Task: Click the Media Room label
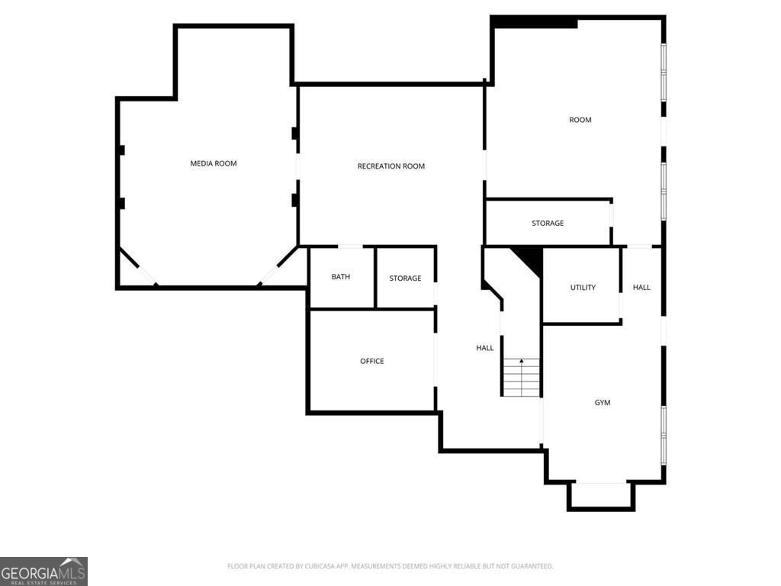click(x=214, y=163)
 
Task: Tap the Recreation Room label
click(x=391, y=166)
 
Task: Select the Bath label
click(x=341, y=276)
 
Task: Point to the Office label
click(x=372, y=361)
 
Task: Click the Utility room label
click(x=583, y=287)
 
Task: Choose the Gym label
click(x=603, y=402)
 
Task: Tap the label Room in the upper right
click(x=580, y=120)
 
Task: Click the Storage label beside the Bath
click(x=405, y=278)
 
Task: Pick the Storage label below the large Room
click(x=548, y=223)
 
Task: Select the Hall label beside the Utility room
click(x=641, y=287)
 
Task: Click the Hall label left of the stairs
click(x=484, y=348)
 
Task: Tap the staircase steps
click(x=521, y=377)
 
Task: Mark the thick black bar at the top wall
click(x=534, y=22)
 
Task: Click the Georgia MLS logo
click(x=43, y=572)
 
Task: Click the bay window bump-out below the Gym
click(x=601, y=497)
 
